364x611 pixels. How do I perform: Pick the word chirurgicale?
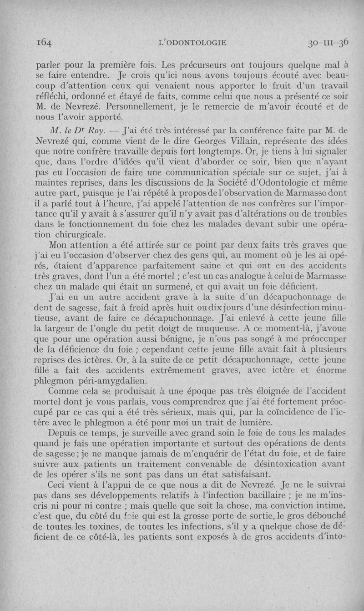pyautogui.click(x=82, y=235)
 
